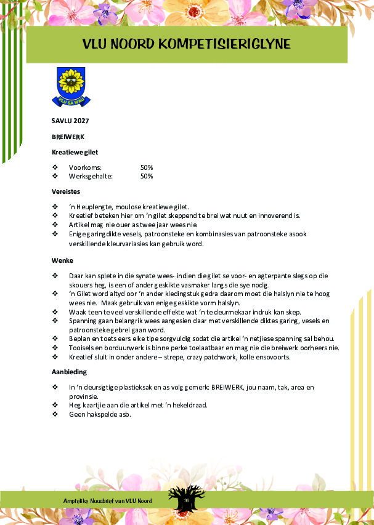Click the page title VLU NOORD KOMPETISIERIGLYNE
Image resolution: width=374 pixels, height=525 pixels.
tap(187, 44)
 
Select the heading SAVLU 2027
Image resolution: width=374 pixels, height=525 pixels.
tap(66, 121)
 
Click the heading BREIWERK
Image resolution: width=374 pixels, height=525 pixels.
tap(68, 136)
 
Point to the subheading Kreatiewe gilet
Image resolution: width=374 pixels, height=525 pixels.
tap(75, 151)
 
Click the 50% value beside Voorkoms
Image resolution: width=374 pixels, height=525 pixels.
tap(147, 167)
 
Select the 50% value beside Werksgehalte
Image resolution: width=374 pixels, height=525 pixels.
tap(147, 176)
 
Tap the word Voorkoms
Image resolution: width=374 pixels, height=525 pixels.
tap(85, 167)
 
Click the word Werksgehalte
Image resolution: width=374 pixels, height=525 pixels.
tap(91, 176)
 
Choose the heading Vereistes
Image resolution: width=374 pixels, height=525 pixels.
tap(66, 191)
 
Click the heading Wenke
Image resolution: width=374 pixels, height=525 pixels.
tap(62, 260)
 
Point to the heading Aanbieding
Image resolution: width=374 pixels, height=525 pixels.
tap(69, 372)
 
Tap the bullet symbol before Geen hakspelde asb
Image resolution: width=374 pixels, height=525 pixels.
tap(55, 414)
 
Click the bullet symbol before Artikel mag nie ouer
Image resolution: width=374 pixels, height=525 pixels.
tap(55, 225)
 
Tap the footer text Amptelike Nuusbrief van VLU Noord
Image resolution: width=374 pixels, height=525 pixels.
tap(108, 500)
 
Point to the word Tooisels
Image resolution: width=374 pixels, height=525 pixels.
tap(81, 347)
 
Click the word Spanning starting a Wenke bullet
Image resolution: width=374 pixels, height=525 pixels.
tap(83, 321)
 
